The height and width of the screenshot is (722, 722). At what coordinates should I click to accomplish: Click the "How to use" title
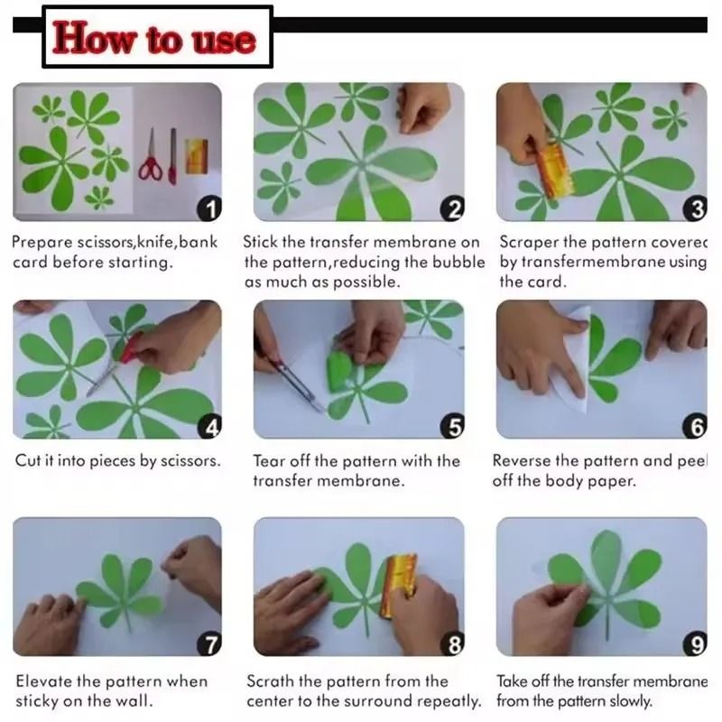(x=154, y=38)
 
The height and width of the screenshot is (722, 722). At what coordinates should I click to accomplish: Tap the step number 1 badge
(x=209, y=208)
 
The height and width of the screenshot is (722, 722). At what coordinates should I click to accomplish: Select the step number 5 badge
(x=453, y=426)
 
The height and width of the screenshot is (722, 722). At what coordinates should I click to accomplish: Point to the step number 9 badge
(x=695, y=643)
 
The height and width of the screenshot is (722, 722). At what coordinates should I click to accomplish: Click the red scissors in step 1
(x=151, y=156)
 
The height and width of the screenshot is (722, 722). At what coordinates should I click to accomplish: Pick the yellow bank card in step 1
(x=197, y=156)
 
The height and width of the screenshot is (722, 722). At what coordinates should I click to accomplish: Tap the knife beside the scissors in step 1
(x=172, y=156)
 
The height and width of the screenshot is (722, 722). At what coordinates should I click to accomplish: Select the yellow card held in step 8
(x=396, y=585)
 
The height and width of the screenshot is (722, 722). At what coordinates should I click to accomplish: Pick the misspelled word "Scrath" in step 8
(x=270, y=681)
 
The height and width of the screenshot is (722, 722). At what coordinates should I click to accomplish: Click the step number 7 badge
(x=209, y=643)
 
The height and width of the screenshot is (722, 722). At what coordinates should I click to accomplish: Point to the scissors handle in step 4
(x=132, y=347)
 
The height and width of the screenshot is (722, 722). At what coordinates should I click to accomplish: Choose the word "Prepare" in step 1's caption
(x=42, y=243)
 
